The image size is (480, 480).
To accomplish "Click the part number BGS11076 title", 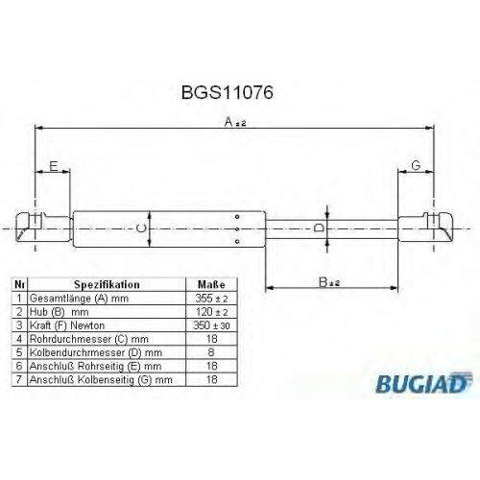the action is tap(228, 92).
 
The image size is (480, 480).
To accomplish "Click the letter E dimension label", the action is tap(54, 166).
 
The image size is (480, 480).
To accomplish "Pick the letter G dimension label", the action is tap(416, 166).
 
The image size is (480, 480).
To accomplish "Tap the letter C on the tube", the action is tap(141, 228).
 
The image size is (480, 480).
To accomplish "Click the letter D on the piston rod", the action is tap(319, 228).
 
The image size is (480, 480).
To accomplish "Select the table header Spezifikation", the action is tap(107, 284).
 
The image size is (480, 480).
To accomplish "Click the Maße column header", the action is tap(211, 284).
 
